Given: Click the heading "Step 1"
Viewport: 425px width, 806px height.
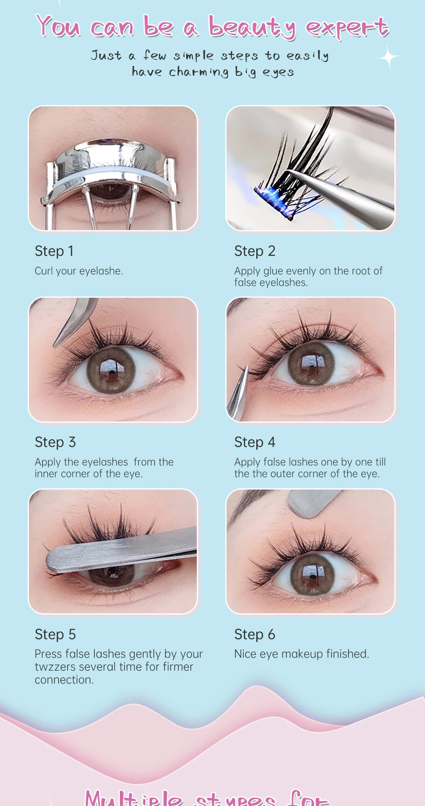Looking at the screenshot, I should [x=54, y=251].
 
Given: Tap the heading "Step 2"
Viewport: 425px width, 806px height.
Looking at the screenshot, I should [x=255, y=251].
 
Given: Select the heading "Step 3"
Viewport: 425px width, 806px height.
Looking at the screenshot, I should [x=55, y=442].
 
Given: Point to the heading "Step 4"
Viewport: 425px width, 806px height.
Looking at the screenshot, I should [x=255, y=442].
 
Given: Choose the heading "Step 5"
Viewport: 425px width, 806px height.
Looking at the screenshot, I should [x=55, y=634].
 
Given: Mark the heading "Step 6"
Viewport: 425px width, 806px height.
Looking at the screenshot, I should [x=255, y=634].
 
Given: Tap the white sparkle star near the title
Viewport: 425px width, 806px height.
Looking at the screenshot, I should [x=388, y=57].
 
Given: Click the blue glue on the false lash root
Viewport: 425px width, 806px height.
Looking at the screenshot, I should [x=272, y=200].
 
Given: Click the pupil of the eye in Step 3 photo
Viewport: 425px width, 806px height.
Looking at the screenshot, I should [x=111, y=370].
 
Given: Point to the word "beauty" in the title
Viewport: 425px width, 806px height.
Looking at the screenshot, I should [x=252, y=28].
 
